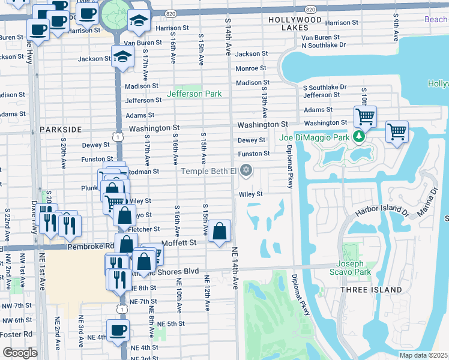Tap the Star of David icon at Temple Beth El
click(245, 172)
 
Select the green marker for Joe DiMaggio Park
click(359, 137)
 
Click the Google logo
click(20, 353)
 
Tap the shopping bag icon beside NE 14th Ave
click(220, 231)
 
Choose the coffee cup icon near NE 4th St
click(118, 329)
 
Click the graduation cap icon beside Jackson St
click(122, 58)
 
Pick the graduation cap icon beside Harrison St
click(139, 22)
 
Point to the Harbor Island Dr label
click(381, 211)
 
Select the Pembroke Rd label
click(90, 246)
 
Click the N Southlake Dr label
click(324, 45)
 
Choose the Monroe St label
click(251, 68)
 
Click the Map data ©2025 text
click(424, 355)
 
